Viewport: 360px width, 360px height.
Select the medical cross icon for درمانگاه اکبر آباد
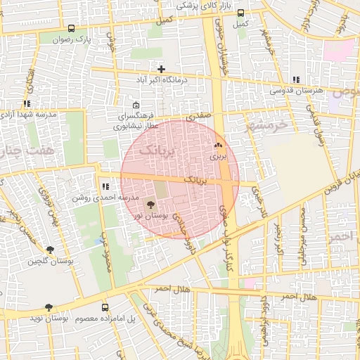(162, 69)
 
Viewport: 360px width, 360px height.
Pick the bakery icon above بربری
(218, 146)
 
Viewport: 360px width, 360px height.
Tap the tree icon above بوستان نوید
(49, 307)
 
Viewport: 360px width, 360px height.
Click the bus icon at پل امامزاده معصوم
(105, 308)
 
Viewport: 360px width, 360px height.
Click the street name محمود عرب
(107, 254)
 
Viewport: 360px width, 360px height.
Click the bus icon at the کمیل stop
(241, 13)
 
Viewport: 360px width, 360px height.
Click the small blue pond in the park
(96, 242)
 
